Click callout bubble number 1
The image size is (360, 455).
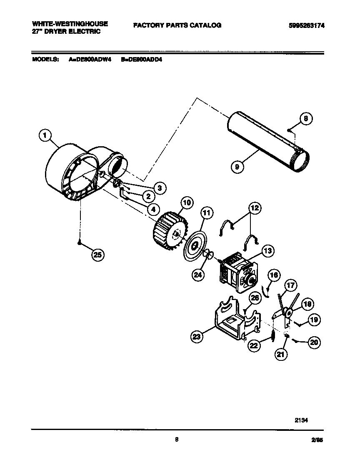pyautogui.click(x=45, y=135)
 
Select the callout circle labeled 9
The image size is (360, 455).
pyautogui.click(x=237, y=167)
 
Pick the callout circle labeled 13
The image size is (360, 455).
pyautogui.click(x=267, y=251)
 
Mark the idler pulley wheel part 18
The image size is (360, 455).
pyautogui.click(x=288, y=312)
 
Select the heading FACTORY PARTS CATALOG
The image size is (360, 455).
pyautogui.click(x=177, y=25)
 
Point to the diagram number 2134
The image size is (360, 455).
pyautogui.click(x=304, y=420)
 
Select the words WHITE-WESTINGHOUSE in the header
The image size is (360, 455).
pyautogui.click(x=70, y=24)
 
